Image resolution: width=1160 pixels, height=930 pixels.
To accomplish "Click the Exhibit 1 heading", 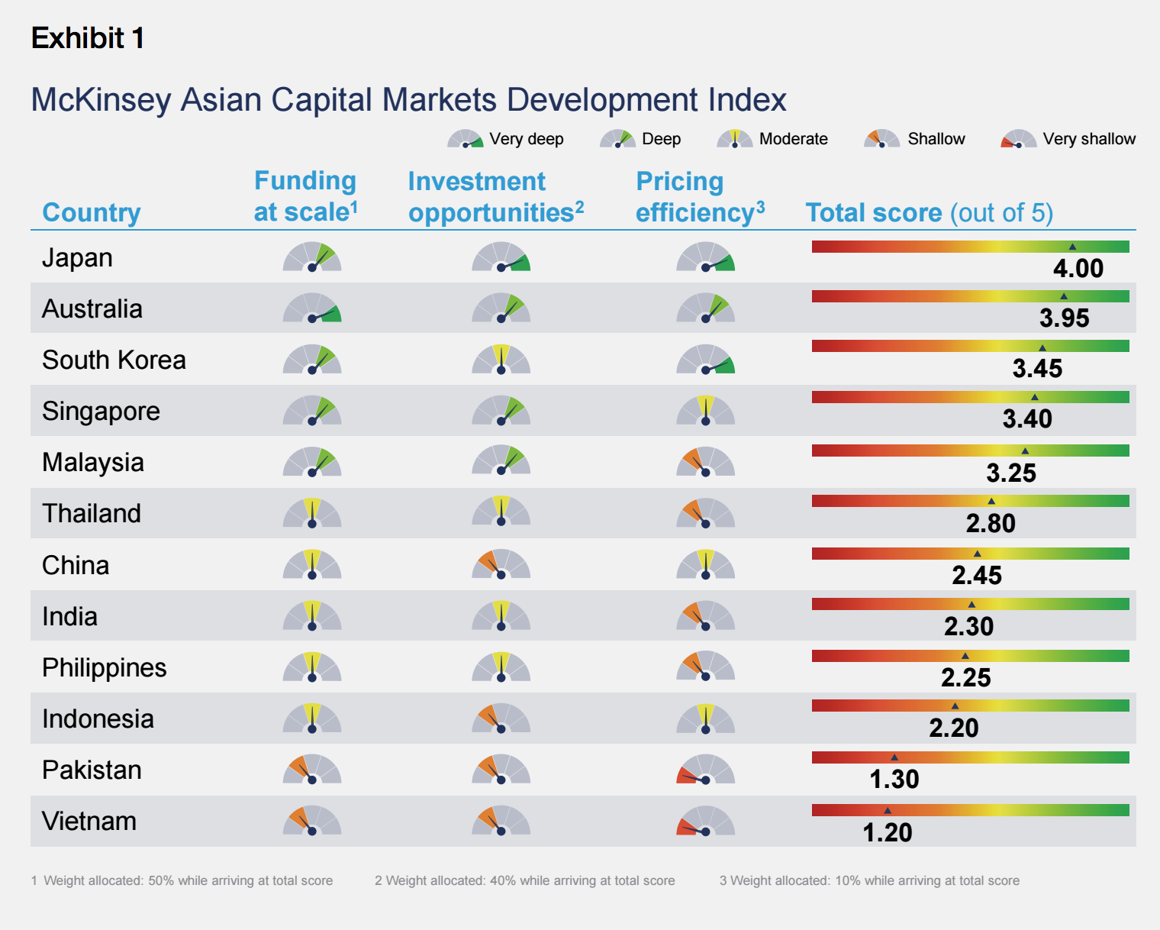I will click(88, 38).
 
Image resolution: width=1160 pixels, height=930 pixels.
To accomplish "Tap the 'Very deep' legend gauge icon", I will click(466, 140).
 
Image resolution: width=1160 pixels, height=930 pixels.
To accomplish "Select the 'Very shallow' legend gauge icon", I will click(1018, 140).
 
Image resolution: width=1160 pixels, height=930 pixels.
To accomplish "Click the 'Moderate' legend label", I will click(793, 139).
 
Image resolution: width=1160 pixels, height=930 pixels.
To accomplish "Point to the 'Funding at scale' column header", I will click(305, 196).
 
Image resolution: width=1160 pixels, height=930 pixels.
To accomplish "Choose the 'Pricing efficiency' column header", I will click(700, 197).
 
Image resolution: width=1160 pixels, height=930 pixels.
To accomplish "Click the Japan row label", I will click(77, 258).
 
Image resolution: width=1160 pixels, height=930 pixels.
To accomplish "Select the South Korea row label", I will click(114, 360).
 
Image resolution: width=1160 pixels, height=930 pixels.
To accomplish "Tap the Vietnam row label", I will click(89, 822).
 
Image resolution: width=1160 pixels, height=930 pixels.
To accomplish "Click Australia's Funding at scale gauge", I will click(312, 308).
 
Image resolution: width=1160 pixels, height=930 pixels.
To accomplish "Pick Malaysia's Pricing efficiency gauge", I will click(705, 463).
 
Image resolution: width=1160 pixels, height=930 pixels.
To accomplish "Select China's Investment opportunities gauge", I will click(501, 565).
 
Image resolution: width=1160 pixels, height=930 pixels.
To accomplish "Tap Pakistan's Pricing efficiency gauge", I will click(705, 770).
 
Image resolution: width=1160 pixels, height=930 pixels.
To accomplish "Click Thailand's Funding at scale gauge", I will click(312, 514).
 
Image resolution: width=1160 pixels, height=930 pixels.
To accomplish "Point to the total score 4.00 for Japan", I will click(1078, 269).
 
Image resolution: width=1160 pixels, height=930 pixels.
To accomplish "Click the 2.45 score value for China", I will click(976, 576).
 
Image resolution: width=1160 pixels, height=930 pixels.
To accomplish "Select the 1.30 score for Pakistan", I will click(894, 780).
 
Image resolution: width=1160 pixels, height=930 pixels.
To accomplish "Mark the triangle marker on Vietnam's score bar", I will click(887, 810).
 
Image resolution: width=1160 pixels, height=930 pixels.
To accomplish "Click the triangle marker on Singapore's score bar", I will click(1034, 397).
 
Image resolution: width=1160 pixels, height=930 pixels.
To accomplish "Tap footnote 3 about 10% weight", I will click(869, 880).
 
